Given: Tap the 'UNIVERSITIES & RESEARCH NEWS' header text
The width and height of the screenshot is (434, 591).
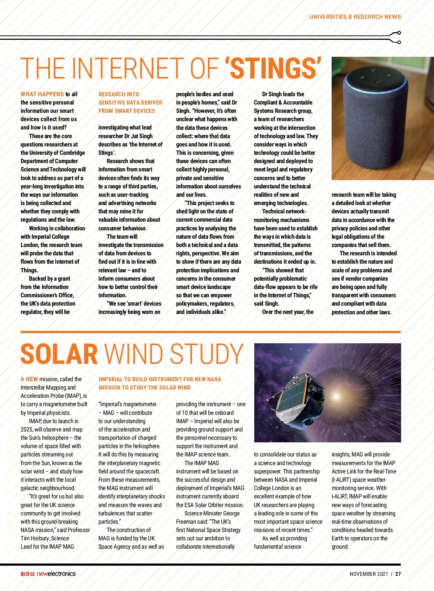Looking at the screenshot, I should [x=355, y=17].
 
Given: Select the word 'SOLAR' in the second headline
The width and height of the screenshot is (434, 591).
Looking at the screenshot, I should [x=59, y=354].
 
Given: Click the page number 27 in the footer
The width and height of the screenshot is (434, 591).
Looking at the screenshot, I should [x=398, y=574].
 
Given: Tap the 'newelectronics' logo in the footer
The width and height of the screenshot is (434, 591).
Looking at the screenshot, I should [x=56, y=574].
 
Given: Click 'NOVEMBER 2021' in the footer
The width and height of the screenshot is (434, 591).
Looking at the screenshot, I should [x=369, y=574].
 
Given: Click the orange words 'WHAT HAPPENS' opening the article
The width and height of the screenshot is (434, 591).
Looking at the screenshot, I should [x=42, y=94].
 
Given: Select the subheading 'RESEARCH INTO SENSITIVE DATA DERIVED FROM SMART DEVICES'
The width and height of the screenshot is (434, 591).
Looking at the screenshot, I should [x=130, y=102].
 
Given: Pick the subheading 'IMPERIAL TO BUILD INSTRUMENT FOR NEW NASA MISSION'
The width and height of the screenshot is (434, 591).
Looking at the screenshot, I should [x=159, y=383].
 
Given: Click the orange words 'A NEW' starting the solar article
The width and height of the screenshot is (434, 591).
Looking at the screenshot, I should [x=29, y=379].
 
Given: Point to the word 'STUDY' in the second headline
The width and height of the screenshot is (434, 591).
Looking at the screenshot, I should [x=207, y=354].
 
